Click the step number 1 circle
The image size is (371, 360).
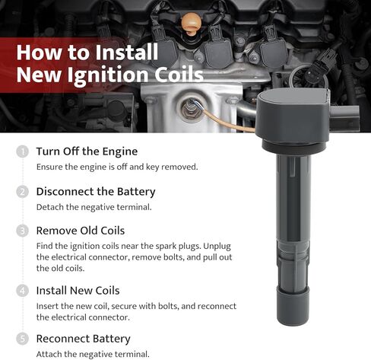coord(23,151)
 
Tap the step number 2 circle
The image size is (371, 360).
coord(23,192)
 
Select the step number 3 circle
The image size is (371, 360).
coord(23,231)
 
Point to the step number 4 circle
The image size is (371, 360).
coord(23,291)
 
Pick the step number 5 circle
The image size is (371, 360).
coord(23,339)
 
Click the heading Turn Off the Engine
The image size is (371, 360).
coord(87,151)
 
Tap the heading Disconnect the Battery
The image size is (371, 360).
coord(96,192)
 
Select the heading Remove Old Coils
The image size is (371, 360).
coord(81,231)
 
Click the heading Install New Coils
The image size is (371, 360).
coord(78,291)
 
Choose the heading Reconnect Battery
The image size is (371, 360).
coord(84,339)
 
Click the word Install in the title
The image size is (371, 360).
coord(126,53)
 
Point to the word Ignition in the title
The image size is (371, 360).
coord(108,75)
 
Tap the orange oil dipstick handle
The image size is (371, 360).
coord(192,24)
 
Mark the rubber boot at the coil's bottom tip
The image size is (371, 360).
coord(293,307)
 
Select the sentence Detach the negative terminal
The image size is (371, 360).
coord(94,207)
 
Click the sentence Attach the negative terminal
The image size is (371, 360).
coord(93,354)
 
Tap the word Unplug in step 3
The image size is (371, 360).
coord(217,247)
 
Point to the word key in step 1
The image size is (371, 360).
coord(152,167)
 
